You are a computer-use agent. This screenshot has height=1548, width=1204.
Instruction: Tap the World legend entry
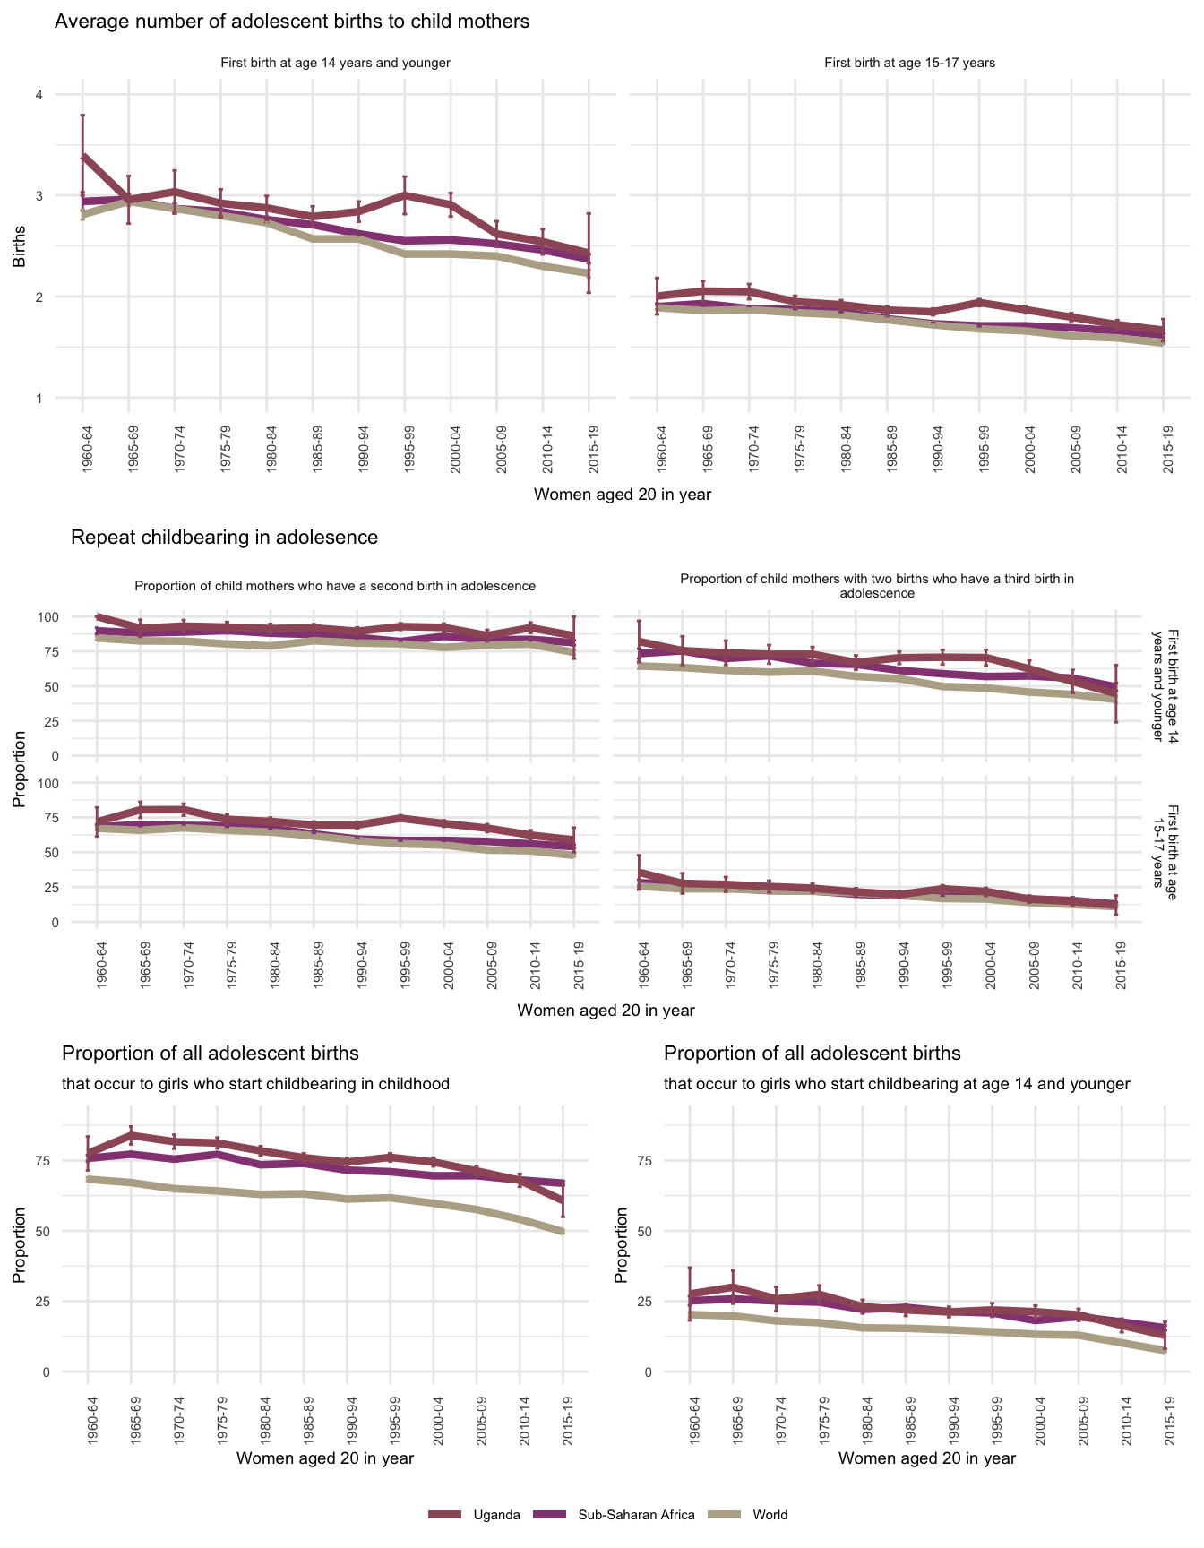(770, 1515)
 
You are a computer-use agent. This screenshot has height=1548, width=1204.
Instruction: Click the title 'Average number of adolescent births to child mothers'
(292, 21)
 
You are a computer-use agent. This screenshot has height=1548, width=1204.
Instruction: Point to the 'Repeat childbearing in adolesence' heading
(224, 537)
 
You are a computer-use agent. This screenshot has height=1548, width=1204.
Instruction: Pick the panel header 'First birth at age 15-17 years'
(909, 64)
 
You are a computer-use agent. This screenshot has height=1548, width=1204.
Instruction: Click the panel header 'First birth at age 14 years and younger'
(335, 64)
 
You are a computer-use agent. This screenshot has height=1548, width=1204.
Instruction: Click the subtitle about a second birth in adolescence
(335, 586)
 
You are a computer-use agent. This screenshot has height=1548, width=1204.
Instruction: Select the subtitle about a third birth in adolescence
(877, 586)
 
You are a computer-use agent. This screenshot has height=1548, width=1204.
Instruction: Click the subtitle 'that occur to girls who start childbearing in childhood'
(255, 1084)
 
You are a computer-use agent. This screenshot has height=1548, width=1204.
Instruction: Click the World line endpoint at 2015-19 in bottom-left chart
(563, 1233)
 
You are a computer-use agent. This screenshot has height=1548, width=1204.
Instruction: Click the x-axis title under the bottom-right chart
(927, 1458)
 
